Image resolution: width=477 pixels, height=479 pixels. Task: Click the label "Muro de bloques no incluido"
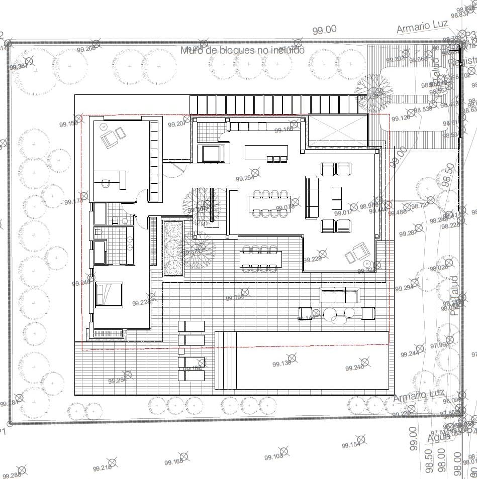click(243, 50)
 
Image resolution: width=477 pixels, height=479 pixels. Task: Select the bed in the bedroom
click(109, 294)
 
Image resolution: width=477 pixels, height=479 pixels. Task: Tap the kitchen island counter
click(266, 152)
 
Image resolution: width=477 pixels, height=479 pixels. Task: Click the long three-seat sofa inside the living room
click(312, 197)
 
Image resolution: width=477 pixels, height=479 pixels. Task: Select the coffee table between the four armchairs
click(336, 198)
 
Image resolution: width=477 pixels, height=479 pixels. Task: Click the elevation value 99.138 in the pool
click(281, 364)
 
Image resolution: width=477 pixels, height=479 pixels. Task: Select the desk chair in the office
click(105, 184)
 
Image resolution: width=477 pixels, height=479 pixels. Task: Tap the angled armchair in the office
click(113, 136)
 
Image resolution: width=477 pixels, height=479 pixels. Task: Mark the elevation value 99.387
click(18, 66)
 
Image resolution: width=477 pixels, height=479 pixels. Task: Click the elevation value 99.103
click(273, 457)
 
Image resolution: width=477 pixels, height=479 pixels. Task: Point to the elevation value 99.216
click(102, 468)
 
